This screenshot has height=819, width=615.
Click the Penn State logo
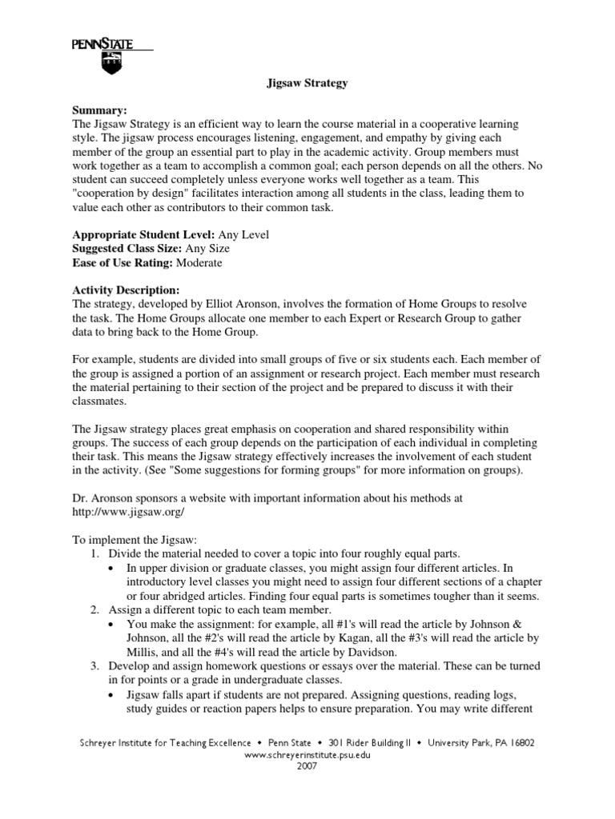tap(111, 57)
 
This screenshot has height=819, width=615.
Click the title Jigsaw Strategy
tap(307, 83)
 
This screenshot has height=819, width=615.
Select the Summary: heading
tap(100, 110)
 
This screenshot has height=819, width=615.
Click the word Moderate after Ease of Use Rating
tap(199, 262)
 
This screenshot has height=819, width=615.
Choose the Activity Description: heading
tap(126, 290)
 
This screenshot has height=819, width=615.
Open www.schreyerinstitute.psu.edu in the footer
tap(307, 754)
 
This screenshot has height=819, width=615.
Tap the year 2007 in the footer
tap(307, 765)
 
